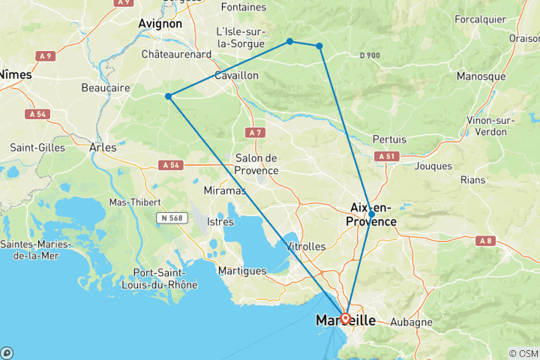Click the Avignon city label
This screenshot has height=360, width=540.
pyautogui.click(x=160, y=24)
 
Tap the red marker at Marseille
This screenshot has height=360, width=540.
pyautogui.click(x=345, y=318)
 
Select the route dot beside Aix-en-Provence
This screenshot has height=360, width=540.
pyautogui.click(x=371, y=214)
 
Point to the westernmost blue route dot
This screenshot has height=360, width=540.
pyautogui.click(x=169, y=96)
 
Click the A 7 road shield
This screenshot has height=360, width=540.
pyautogui.click(x=256, y=132)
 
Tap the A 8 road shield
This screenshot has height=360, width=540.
pyautogui.click(x=486, y=240)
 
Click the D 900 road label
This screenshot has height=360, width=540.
pyautogui.click(x=370, y=55)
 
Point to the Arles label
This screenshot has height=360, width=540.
pyautogui.click(x=103, y=147)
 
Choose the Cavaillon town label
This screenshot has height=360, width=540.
pyautogui.click(x=236, y=76)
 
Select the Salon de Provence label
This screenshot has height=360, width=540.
pyautogui.click(x=256, y=164)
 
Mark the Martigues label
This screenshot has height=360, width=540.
pyautogui.click(x=241, y=271)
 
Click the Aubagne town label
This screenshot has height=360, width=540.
pyautogui.click(x=412, y=322)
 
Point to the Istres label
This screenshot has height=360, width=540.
pyautogui.click(x=220, y=222)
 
